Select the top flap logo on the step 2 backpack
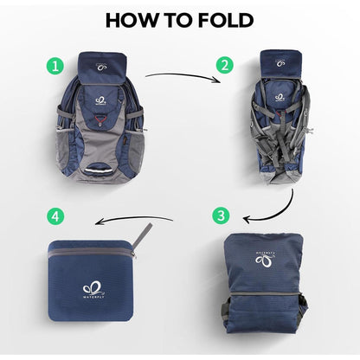(x=279, y=61)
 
